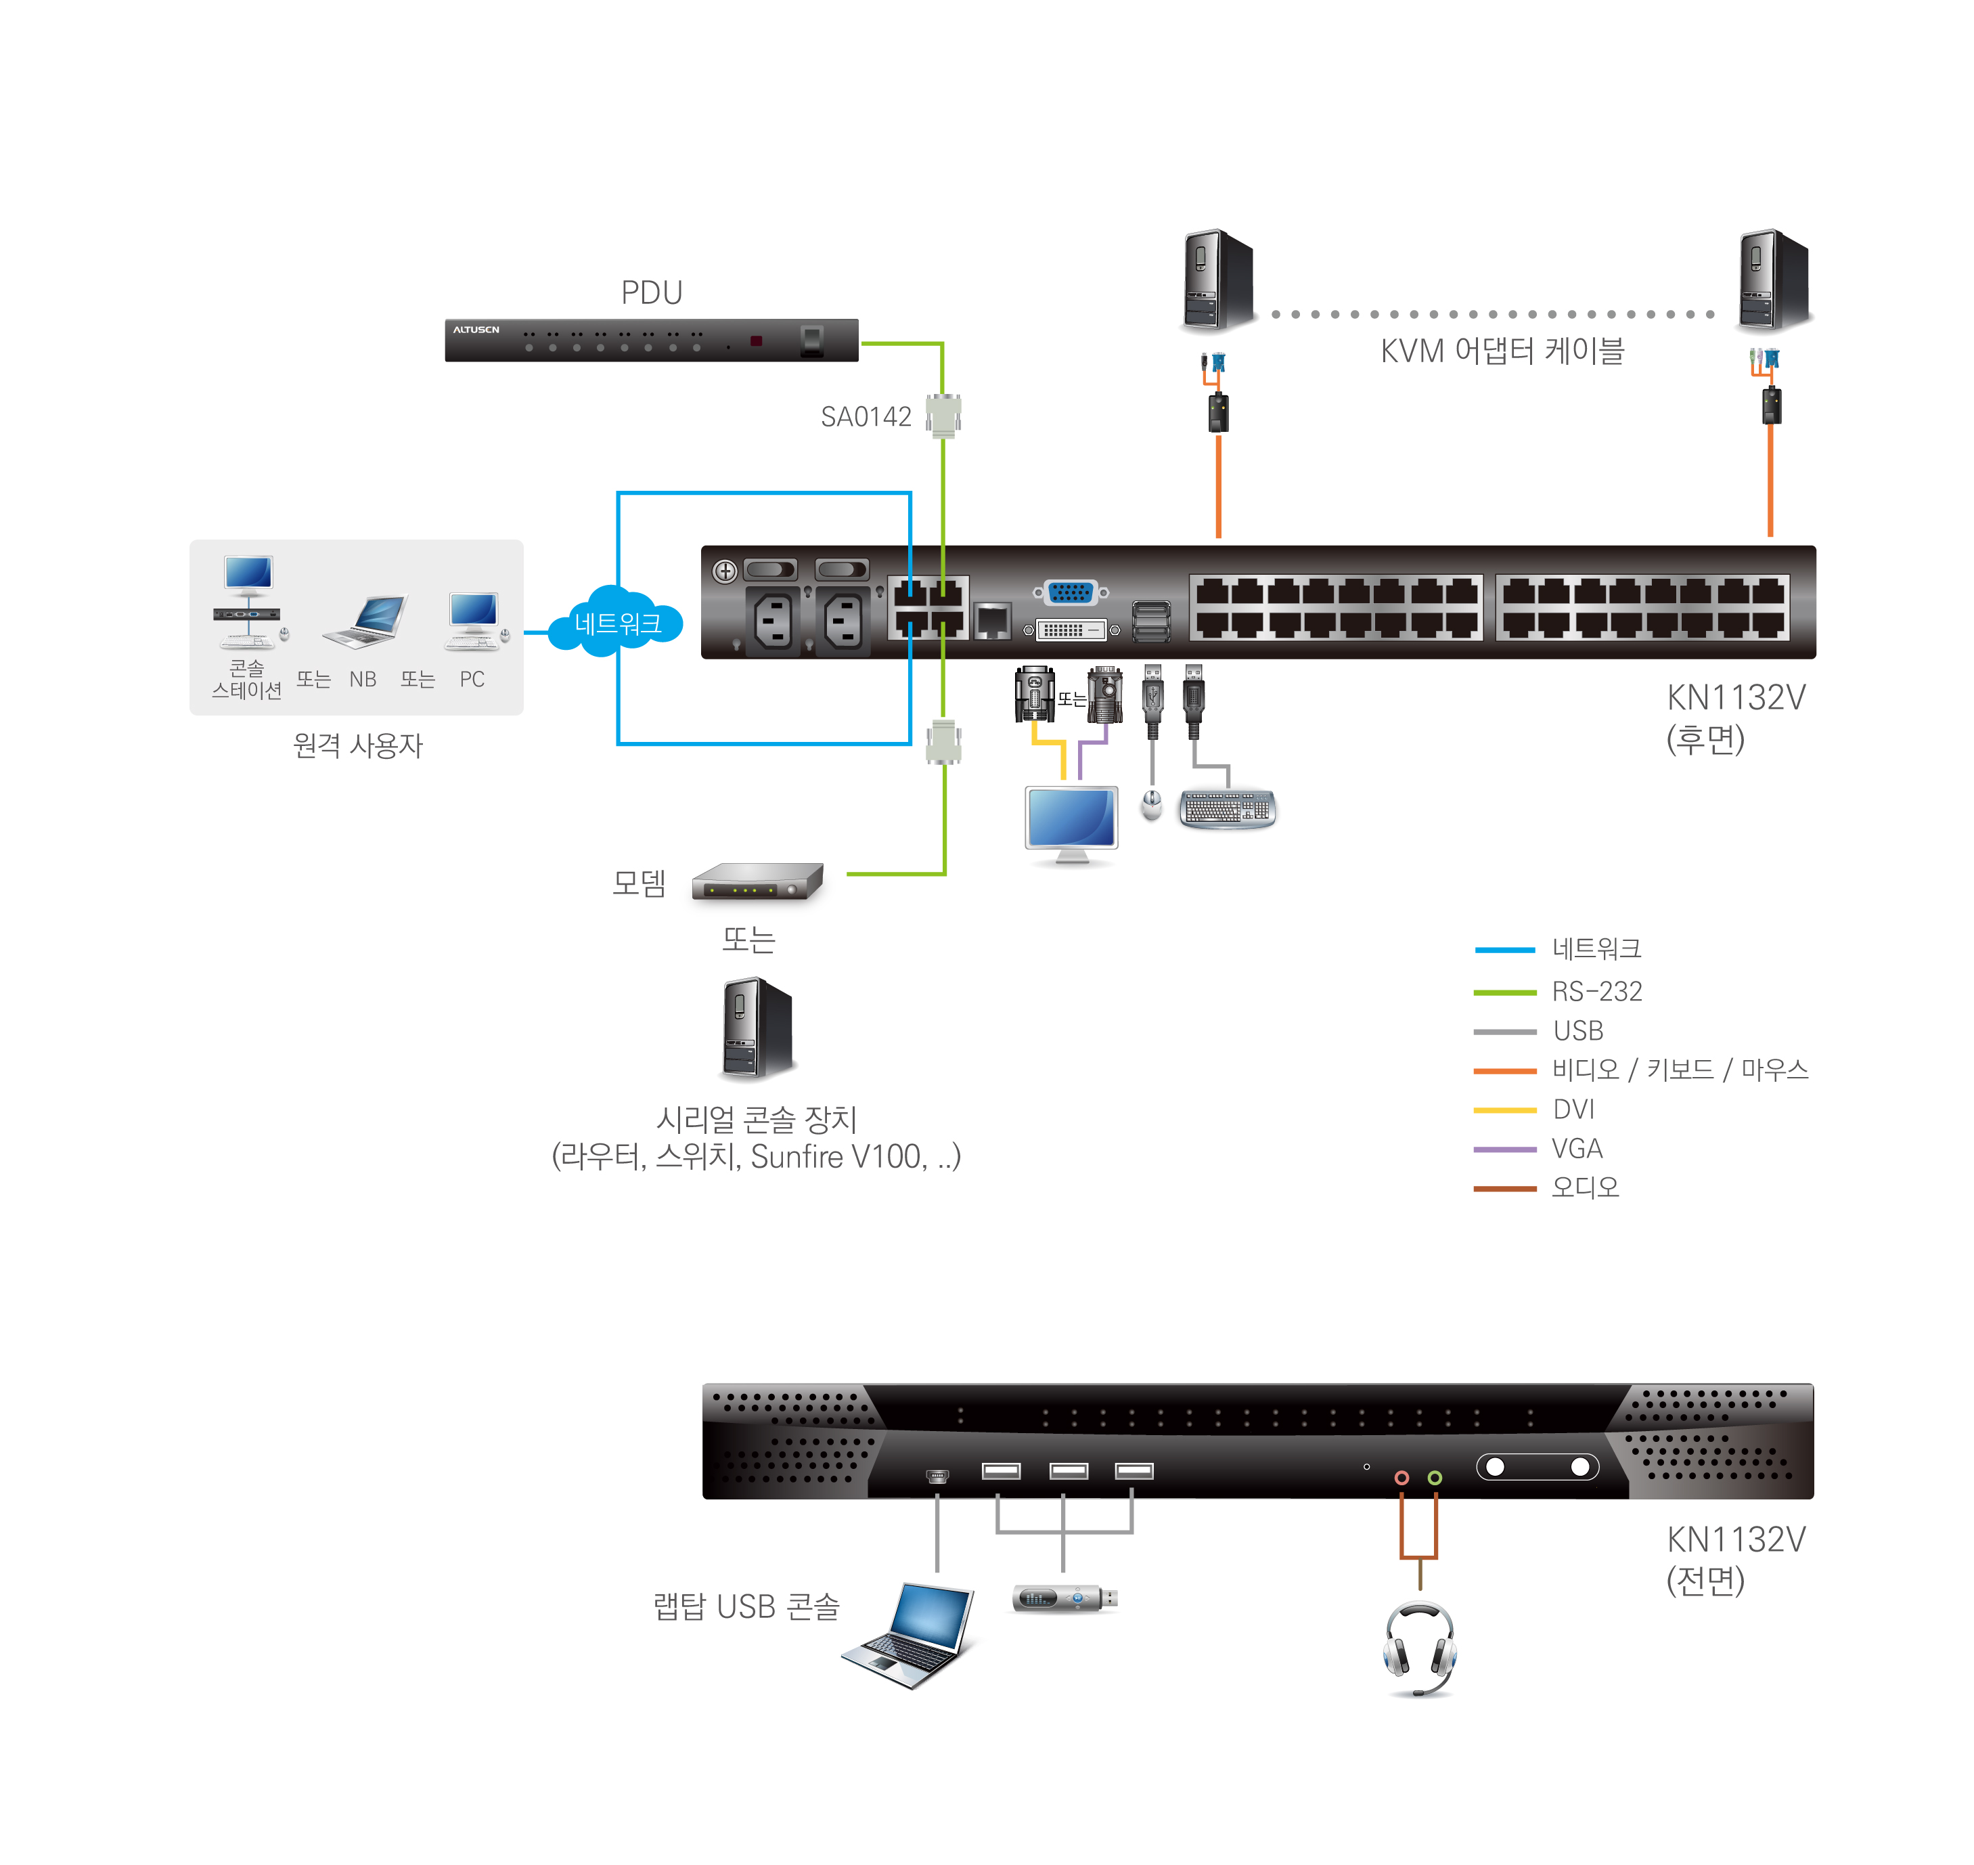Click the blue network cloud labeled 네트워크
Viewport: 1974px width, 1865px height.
click(617, 623)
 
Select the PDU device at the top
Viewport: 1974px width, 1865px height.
click(651, 340)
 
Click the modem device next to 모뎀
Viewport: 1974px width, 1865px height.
click(757, 881)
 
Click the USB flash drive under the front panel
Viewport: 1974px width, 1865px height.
click(1064, 1598)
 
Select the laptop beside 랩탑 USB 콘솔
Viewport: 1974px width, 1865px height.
click(910, 1636)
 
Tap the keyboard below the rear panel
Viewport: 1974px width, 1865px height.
click(1228, 808)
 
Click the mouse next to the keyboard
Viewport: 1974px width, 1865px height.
click(1152, 804)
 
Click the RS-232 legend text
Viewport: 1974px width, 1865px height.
click(1596, 991)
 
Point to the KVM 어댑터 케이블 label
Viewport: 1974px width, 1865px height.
click(1501, 351)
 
